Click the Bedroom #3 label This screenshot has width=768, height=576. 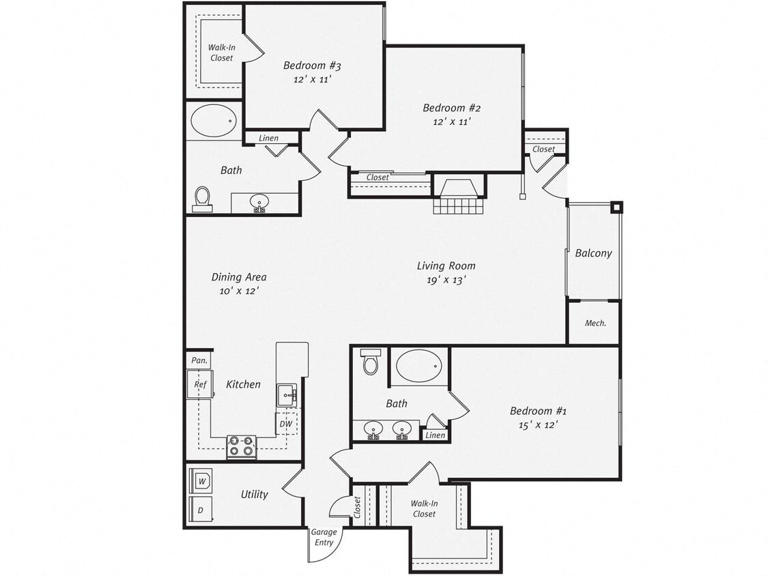[312, 66]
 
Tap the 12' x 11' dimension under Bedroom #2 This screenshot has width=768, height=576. [452, 121]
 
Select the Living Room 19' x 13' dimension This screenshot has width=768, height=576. [446, 279]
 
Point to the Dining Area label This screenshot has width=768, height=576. [238, 277]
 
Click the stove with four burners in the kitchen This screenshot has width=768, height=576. [241, 447]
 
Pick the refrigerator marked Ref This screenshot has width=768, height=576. [199, 384]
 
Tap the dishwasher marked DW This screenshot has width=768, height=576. [286, 424]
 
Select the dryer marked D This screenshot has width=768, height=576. [201, 509]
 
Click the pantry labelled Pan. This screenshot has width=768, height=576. [199, 360]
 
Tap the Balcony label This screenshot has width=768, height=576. [593, 253]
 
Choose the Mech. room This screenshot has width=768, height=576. [595, 323]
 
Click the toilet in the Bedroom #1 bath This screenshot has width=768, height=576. [371, 362]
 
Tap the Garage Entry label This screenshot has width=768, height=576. [324, 538]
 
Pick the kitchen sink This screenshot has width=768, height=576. [286, 394]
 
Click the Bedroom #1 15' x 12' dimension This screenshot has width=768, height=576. [538, 424]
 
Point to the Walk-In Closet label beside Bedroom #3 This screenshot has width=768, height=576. [221, 53]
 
